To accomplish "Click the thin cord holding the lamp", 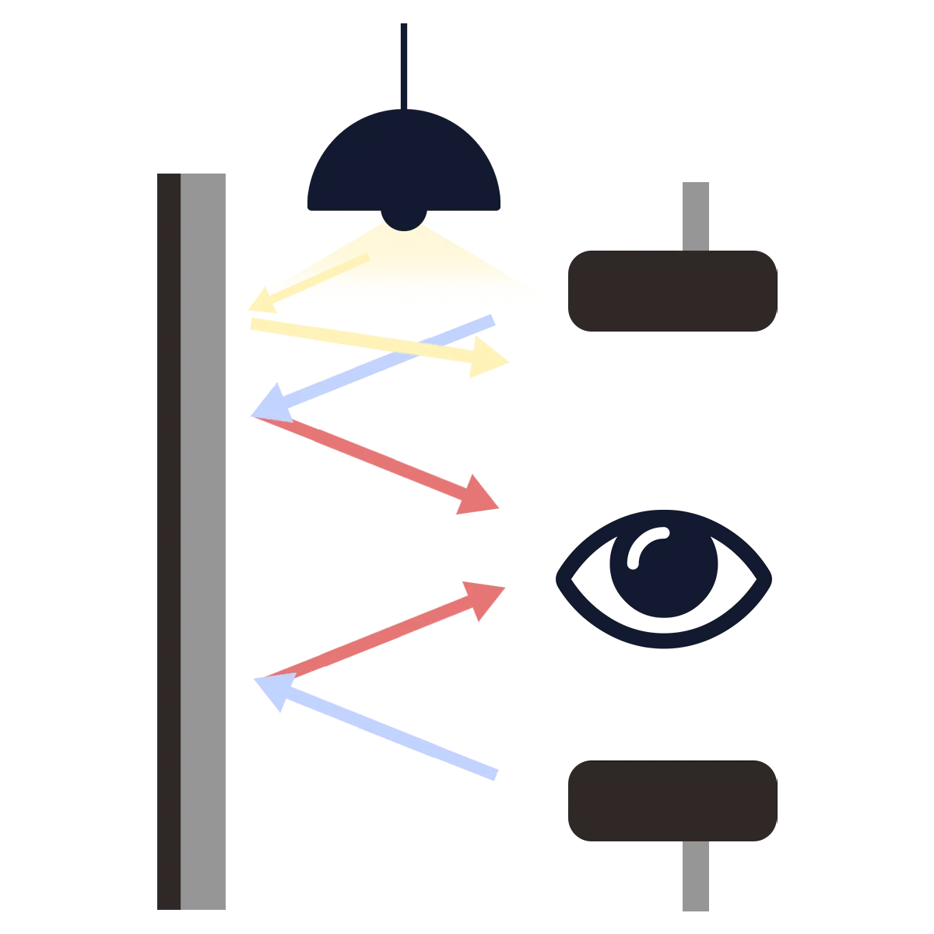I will coord(404,62).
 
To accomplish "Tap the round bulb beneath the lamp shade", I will coord(403,219).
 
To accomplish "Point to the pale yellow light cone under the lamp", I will coord(405,269).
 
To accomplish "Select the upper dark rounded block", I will coord(672,292).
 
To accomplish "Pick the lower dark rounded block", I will coord(672,802).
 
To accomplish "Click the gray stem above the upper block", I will coord(693,214).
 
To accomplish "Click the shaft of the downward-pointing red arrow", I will coord(366,459).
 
